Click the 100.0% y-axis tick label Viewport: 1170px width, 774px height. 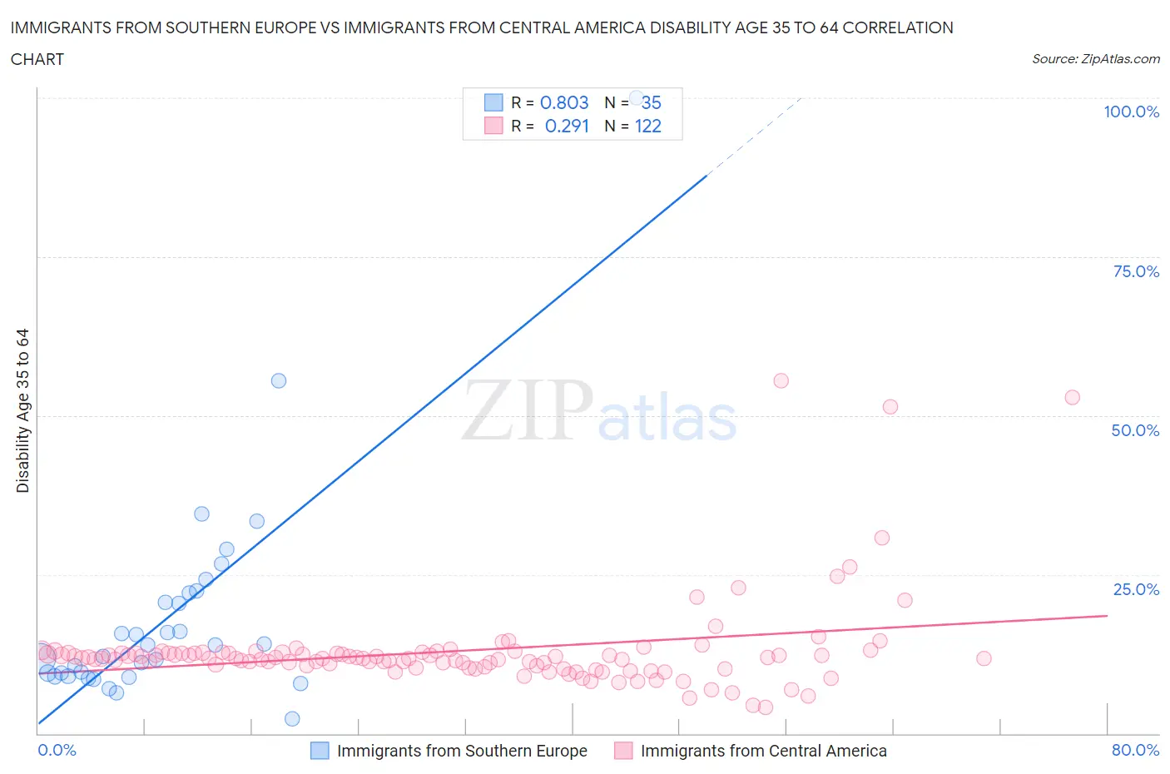1131,112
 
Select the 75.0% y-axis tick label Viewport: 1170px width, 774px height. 1136,271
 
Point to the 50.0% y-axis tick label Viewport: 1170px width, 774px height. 1135,430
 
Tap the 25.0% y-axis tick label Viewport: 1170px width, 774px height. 1136,589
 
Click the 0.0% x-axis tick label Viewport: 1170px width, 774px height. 57,750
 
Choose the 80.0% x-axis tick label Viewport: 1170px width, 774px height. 1135,750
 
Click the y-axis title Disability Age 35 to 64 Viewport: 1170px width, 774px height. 22,410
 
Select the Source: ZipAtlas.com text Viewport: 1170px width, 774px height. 1095,58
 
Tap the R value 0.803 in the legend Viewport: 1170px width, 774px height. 564,102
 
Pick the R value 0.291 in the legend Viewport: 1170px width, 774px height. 567,126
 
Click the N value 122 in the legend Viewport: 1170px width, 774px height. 648,126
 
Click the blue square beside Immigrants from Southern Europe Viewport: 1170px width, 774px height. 320,751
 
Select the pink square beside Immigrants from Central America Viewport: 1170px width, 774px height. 623,751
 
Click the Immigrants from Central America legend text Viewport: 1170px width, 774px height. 763,751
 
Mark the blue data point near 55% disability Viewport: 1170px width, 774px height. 279,380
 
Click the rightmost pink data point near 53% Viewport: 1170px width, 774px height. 1072,397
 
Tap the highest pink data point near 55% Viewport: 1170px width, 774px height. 781,380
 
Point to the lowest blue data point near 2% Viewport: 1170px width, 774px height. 292,718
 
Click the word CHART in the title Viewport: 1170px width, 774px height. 37,59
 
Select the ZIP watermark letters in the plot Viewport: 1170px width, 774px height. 528,410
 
